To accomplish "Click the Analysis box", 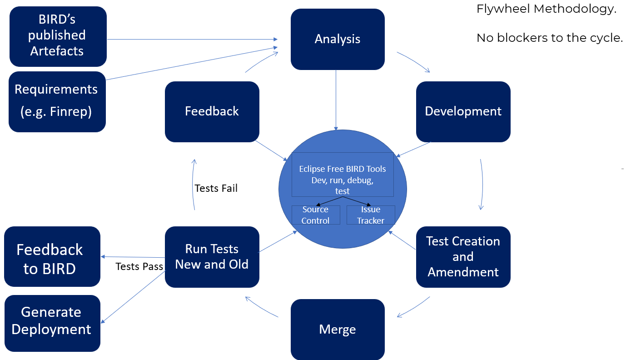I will pyautogui.click(x=338, y=39).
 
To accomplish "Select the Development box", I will pyautogui.click(x=463, y=111).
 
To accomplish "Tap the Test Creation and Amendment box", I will pyautogui.click(x=463, y=257).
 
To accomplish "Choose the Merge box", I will pyautogui.click(x=338, y=329).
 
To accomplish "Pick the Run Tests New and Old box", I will pyautogui.click(x=212, y=257).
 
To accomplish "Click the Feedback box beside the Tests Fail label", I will pyautogui.click(x=212, y=111).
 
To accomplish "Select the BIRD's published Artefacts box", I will pyautogui.click(x=58, y=36).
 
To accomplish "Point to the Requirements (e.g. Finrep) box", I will pyautogui.click(x=57, y=101).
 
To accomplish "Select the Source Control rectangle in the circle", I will pyautogui.click(x=316, y=215).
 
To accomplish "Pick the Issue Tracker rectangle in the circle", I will pyautogui.click(x=371, y=215).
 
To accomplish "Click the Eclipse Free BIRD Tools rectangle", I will pyautogui.click(x=343, y=175).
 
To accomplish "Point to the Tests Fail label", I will pyautogui.click(x=216, y=188).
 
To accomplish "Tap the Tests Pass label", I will pyautogui.click(x=139, y=266).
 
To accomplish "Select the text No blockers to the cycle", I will pyautogui.click(x=549, y=38).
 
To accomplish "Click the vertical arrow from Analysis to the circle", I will pyautogui.click(x=336, y=100).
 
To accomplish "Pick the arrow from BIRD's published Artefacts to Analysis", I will pyautogui.click(x=191, y=40).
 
